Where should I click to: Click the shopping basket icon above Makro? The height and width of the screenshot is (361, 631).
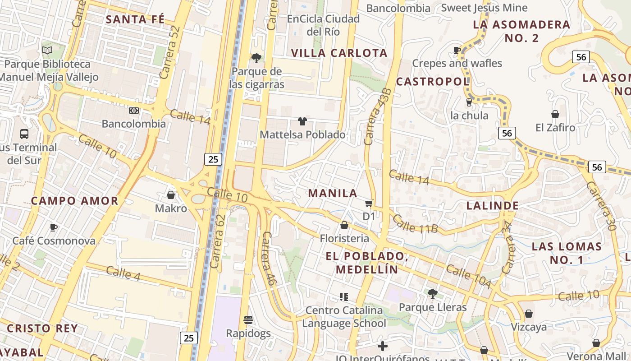(171, 195)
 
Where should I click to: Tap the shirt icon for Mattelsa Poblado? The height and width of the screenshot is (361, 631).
(302, 121)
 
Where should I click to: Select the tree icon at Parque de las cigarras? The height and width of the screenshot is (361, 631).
(256, 58)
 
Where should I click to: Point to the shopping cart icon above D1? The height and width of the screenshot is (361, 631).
(369, 204)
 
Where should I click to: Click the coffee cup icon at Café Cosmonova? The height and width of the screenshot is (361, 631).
(54, 227)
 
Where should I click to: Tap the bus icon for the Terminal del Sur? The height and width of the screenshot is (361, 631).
(24, 134)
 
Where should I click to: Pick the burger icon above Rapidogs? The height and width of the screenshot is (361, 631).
(248, 320)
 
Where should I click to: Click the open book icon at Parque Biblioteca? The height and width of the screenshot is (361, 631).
(47, 51)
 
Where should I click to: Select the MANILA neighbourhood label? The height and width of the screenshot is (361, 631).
(333, 194)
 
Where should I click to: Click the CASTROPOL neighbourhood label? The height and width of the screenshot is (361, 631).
(433, 82)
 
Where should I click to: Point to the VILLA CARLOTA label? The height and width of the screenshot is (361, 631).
(339, 53)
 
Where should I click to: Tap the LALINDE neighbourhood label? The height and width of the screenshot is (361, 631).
(492, 206)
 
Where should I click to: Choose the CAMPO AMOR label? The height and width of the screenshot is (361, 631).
(75, 201)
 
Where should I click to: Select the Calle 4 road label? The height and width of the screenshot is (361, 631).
(123, 273)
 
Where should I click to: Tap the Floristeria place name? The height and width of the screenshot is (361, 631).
(344, 238)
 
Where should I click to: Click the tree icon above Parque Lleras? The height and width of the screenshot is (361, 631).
(433, 294)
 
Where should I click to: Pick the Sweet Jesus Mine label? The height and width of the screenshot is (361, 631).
(484, 8)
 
